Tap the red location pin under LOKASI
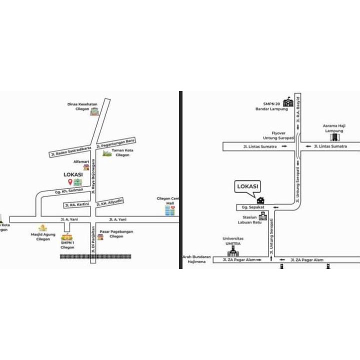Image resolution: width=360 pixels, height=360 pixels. [x=70, y=181]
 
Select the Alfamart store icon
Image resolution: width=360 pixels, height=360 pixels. [x=86, y=168]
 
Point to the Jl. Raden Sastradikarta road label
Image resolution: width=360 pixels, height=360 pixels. [x=70, y=150]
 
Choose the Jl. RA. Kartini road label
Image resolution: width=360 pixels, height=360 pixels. [x=76, y=204]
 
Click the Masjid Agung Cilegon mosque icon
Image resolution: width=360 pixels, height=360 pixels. [x=43, y=227]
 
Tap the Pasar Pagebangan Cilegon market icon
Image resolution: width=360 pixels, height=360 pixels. [x=100, y=236]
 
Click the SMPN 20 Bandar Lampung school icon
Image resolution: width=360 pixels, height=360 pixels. [x=287, y=102]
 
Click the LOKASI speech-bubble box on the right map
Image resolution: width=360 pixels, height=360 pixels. [x=247, y=186]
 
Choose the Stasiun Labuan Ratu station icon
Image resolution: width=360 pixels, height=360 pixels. [x=262, y=216]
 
